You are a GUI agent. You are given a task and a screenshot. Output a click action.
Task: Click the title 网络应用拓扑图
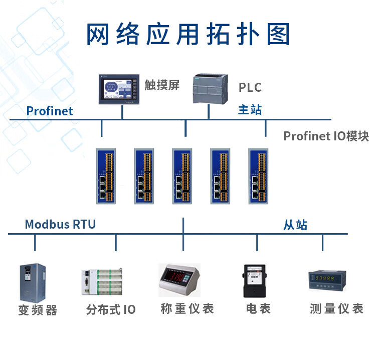pyautogui.click(x=188, y=35)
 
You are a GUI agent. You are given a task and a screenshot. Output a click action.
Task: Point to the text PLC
pyautogui.click(x=250, y=87)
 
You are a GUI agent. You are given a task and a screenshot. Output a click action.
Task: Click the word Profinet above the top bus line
pyautogui.click(x=50, y=111)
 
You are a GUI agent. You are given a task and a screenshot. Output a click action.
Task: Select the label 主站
pyautogui.click(x=250, y=110)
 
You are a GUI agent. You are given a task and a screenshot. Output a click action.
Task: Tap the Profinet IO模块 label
pyautogui.click(x=326, y=136)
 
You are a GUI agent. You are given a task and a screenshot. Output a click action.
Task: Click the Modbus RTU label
pyautogui.click(x=60, y=224)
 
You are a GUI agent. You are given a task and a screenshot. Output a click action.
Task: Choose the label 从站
pyautogui.click(x=295, y=225)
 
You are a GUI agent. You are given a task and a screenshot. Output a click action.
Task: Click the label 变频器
pyautogui.click(x=38, y=310)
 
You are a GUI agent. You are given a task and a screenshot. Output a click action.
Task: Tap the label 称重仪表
pyautogui.click(x=187, y=308)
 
